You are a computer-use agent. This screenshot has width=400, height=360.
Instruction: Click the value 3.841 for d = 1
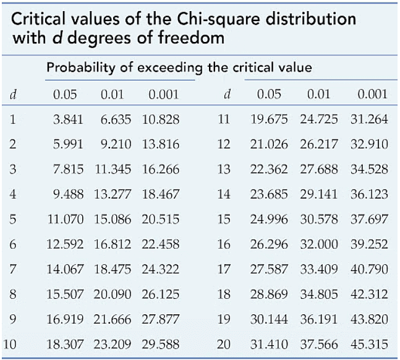click(67, 119)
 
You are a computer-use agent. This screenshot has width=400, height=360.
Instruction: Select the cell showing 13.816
click(161, 144)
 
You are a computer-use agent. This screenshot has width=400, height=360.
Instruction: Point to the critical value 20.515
click(161, 220)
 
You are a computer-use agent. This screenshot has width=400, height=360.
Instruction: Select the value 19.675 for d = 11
click(270, 119)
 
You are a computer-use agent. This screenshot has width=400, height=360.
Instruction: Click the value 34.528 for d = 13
click(368, 170)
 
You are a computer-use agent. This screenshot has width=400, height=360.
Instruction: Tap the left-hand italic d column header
click(13, 94)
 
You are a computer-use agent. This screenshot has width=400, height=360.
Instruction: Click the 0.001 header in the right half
click(372, 94)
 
